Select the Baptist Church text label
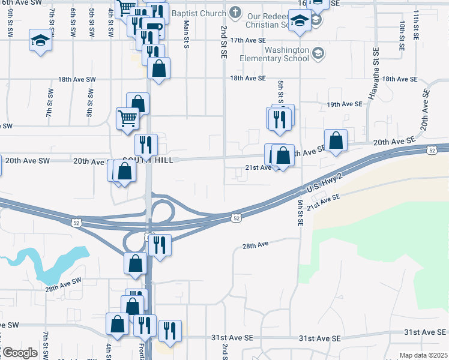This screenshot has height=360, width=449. (199, 13)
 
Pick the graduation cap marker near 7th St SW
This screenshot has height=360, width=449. (40, 41)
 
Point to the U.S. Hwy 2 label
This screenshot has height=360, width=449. (324, 181)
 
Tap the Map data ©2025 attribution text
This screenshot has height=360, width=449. (423, 355)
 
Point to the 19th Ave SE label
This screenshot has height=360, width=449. (345, 104)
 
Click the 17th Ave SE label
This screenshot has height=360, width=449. (248, 40)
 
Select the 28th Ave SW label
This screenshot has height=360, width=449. (62, 284)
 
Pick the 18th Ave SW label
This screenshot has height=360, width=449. (77, 79)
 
